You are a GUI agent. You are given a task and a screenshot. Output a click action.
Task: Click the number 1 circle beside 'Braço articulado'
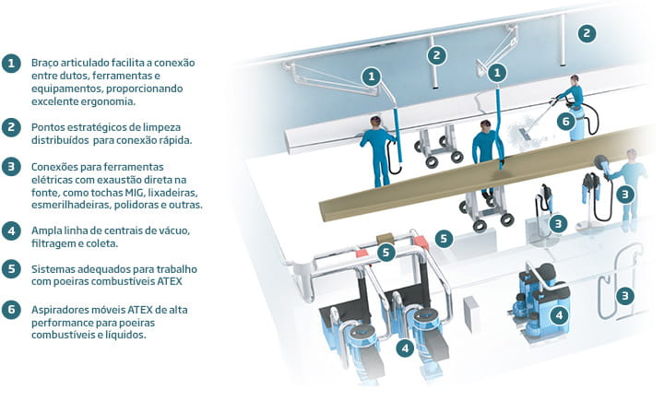[x=11, y=64]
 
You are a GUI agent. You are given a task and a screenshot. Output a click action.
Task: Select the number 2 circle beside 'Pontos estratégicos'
[x=11, y=127]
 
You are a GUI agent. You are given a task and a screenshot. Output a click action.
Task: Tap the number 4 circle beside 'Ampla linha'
[x=11, y=231]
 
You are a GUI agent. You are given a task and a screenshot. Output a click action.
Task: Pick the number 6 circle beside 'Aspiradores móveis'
[x=11, y=310]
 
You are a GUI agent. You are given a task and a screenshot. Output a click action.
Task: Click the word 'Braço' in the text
[x=44, y=63]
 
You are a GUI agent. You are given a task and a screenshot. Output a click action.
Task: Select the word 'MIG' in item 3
[x=134, y=193]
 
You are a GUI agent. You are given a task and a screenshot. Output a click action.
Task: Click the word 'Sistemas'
[x=51, y=269]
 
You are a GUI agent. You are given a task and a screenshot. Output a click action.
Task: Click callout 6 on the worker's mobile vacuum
[x=566, y=122]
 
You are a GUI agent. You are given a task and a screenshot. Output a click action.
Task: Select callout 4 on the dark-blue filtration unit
[x=559, y=315]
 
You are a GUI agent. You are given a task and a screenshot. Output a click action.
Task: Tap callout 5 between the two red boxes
[x=385, y=253]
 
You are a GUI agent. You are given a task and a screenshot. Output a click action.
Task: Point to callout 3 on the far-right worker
[x=625, y=195]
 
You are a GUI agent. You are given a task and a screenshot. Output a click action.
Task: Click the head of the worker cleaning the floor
[x=575, y=79]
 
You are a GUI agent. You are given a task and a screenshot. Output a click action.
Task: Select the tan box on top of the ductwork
[x=385, y=238]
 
